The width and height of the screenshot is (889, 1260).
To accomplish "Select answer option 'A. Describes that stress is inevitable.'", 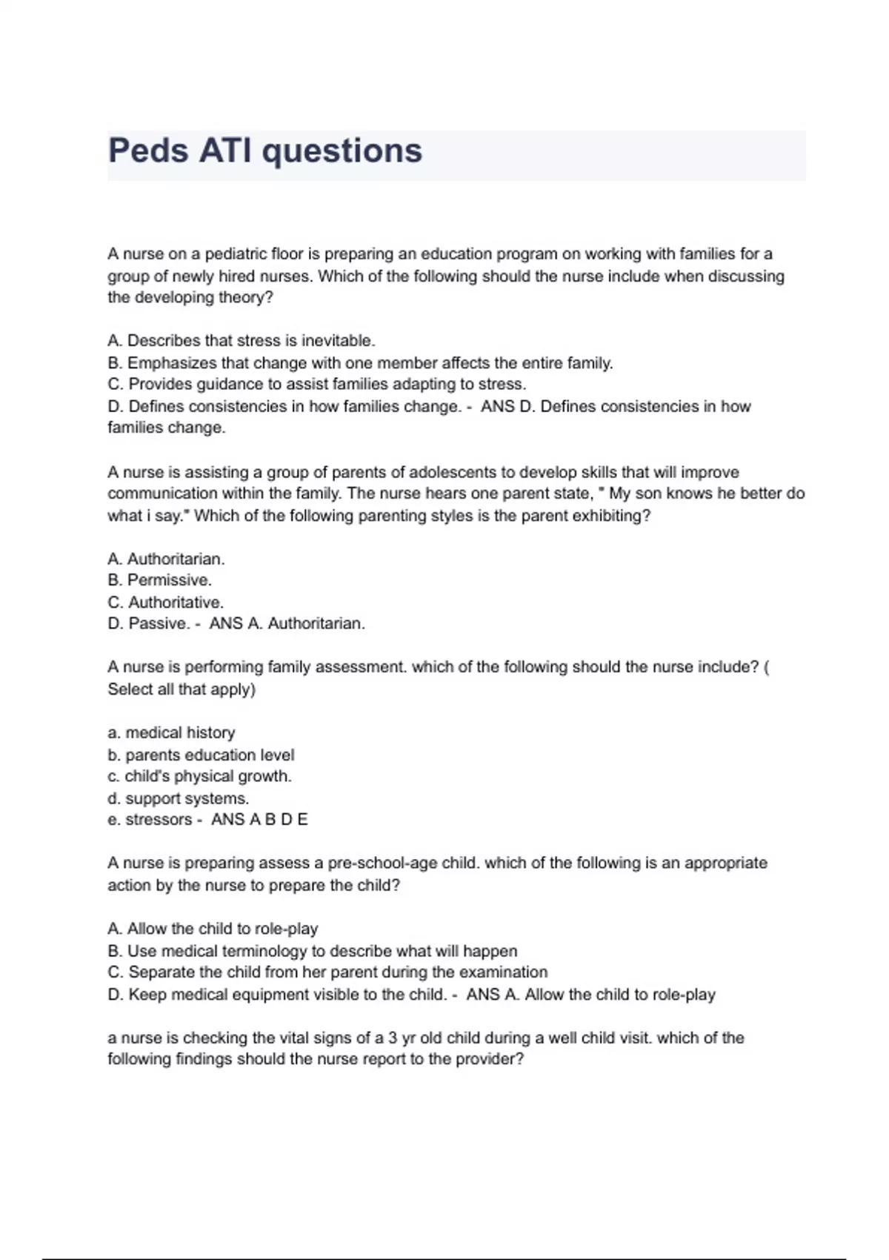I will [242, 341].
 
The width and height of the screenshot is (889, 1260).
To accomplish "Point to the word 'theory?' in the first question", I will [245, 298].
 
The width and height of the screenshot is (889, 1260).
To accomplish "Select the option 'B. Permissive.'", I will [159, 580].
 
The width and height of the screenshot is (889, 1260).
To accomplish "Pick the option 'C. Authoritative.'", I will [165, 603].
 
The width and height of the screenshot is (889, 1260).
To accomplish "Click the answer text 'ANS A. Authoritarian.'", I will [287, 624].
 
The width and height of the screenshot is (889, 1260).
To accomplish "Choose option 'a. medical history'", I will [171, 733].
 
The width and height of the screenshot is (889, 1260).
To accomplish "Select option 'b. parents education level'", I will [201, 755].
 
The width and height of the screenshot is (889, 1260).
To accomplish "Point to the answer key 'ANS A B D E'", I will [259, 820].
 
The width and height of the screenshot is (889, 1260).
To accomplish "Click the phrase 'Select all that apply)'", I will [182, 689].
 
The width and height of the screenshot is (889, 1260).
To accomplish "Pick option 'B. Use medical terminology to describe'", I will [312, 951].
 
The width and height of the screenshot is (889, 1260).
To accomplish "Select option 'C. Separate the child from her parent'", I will [327, 972].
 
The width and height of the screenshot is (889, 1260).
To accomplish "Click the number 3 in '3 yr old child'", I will [393, 1038].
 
